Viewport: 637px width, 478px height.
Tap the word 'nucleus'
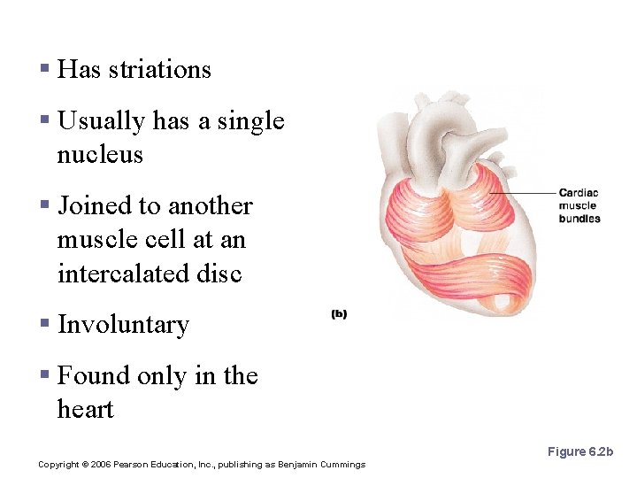(100, 155)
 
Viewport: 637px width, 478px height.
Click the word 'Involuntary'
(123, 326)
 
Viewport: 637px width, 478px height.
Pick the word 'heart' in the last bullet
(86, 410)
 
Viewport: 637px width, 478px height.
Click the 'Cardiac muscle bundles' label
(579, 206)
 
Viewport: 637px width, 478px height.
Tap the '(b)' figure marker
(339, 314)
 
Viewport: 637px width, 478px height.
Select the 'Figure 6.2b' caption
(579, 451)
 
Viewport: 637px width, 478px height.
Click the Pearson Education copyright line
(202, 465)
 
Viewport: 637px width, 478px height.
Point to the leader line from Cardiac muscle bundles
(522, 194)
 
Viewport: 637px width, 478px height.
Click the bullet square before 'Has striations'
(43, 69)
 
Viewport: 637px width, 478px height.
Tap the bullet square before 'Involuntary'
(43, 324)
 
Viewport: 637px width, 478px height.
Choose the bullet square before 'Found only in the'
(43, 375)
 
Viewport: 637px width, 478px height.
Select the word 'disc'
(221, 274)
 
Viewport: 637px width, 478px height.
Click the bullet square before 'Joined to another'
(43, 205)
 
